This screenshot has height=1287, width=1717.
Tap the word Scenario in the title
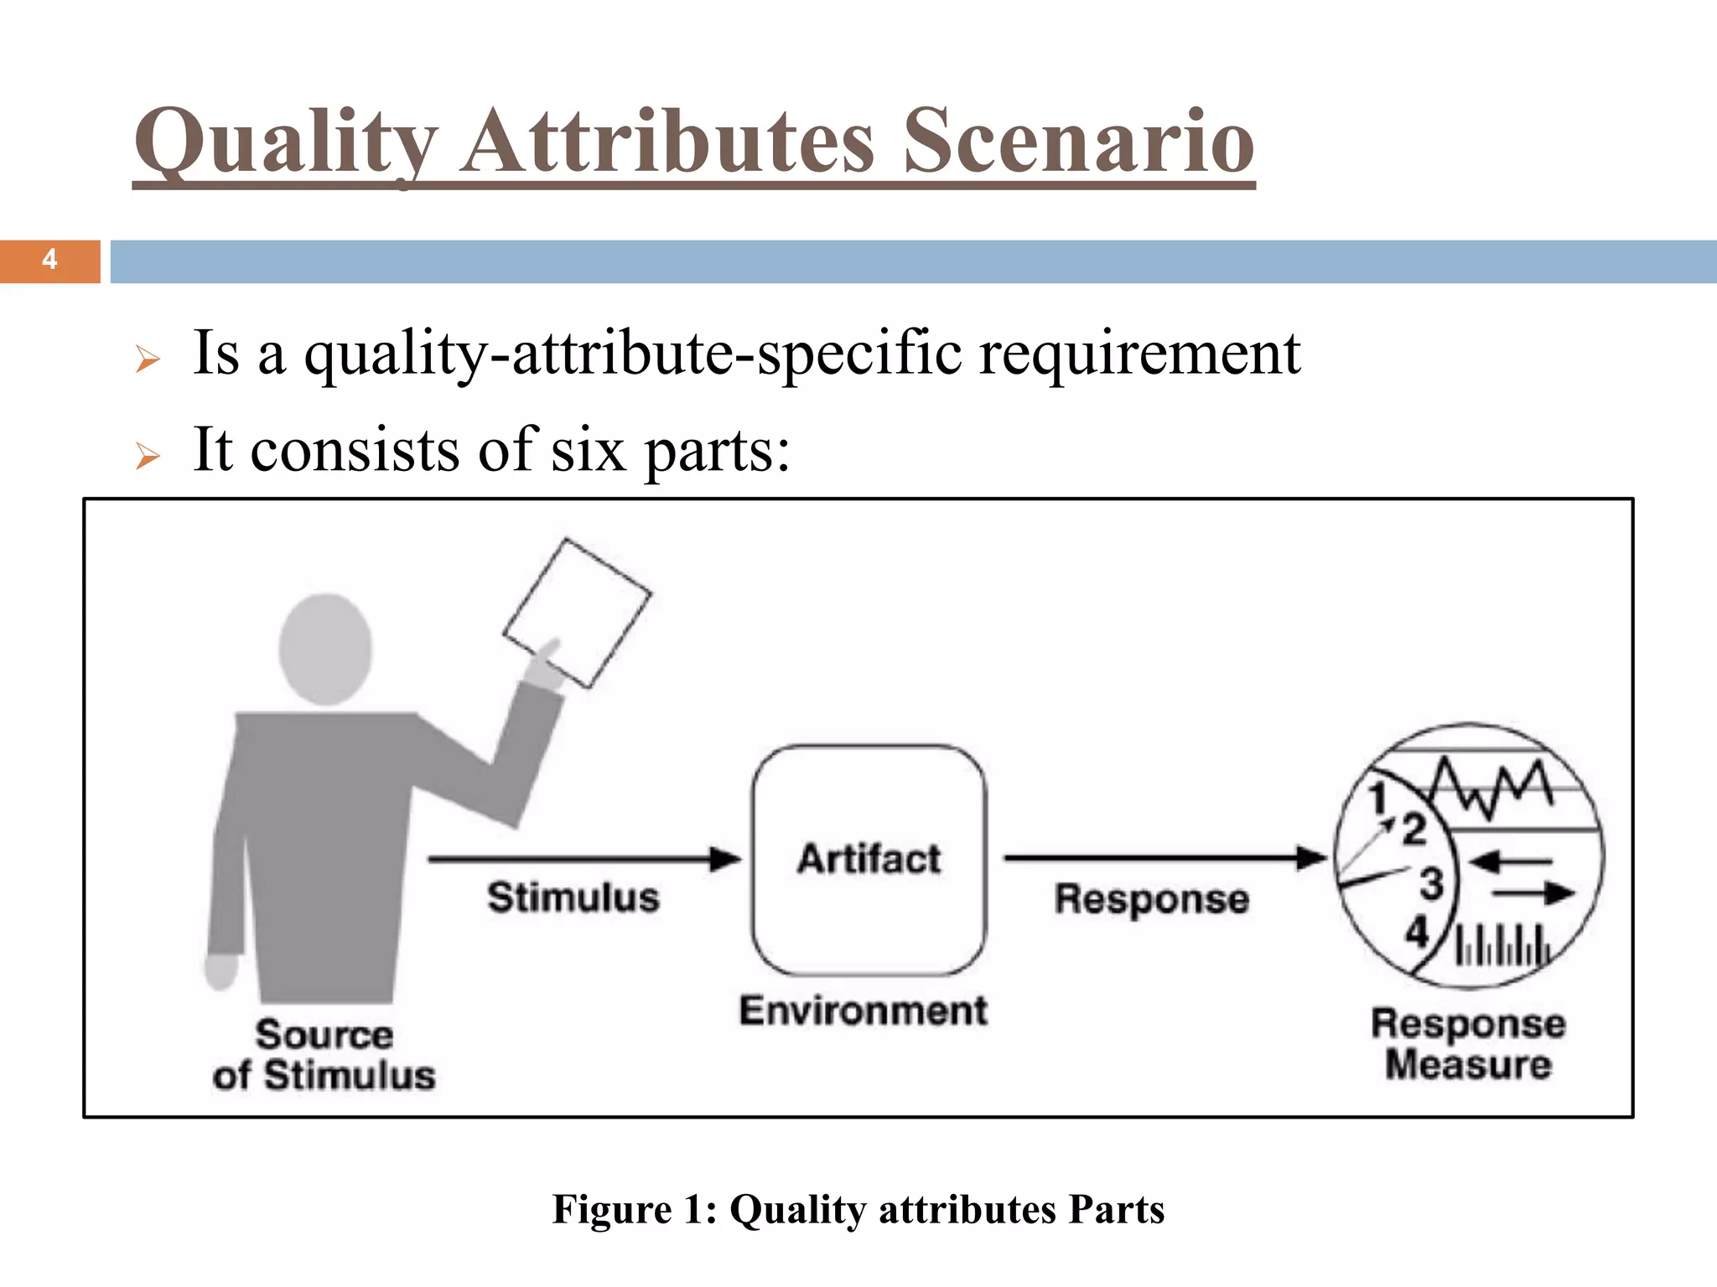coord(1078,142)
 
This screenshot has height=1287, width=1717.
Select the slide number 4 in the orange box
coord(49,260)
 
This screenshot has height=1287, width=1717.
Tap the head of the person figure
coord(325,649)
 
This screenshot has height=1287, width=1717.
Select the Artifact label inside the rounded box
coord(869,859)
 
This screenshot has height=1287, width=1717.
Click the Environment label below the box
coord(864,1010)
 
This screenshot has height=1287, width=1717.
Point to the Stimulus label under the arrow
coord(573,897)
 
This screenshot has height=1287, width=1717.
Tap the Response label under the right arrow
coord(1152,899)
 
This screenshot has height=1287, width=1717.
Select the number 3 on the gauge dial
coord(1431,883)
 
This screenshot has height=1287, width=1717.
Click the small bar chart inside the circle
coord(1502,947)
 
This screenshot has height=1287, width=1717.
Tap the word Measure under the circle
coord(1468,1064)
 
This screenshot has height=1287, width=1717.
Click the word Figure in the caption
coord(612,1209)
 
